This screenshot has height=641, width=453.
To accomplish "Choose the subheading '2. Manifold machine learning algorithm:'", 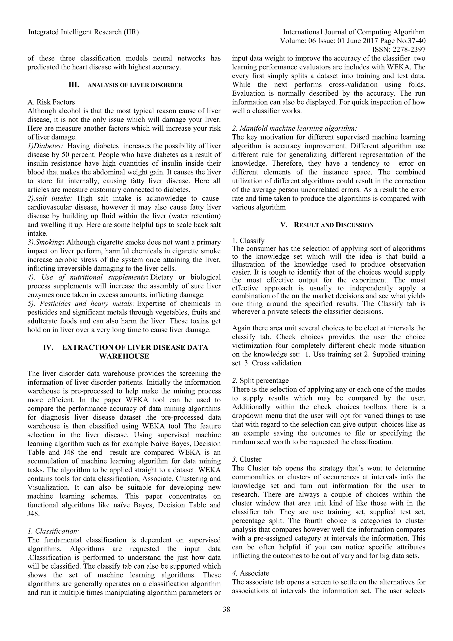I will click(x=294, y=128).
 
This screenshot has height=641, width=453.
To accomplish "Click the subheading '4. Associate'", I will click(x=250, y=573).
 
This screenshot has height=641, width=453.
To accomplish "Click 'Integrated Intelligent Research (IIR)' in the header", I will click(x=83, y=32).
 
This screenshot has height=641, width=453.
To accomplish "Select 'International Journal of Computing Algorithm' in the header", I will click(x=353, y=32).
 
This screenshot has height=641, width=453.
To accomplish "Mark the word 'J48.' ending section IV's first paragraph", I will click(x=34, y=514).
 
